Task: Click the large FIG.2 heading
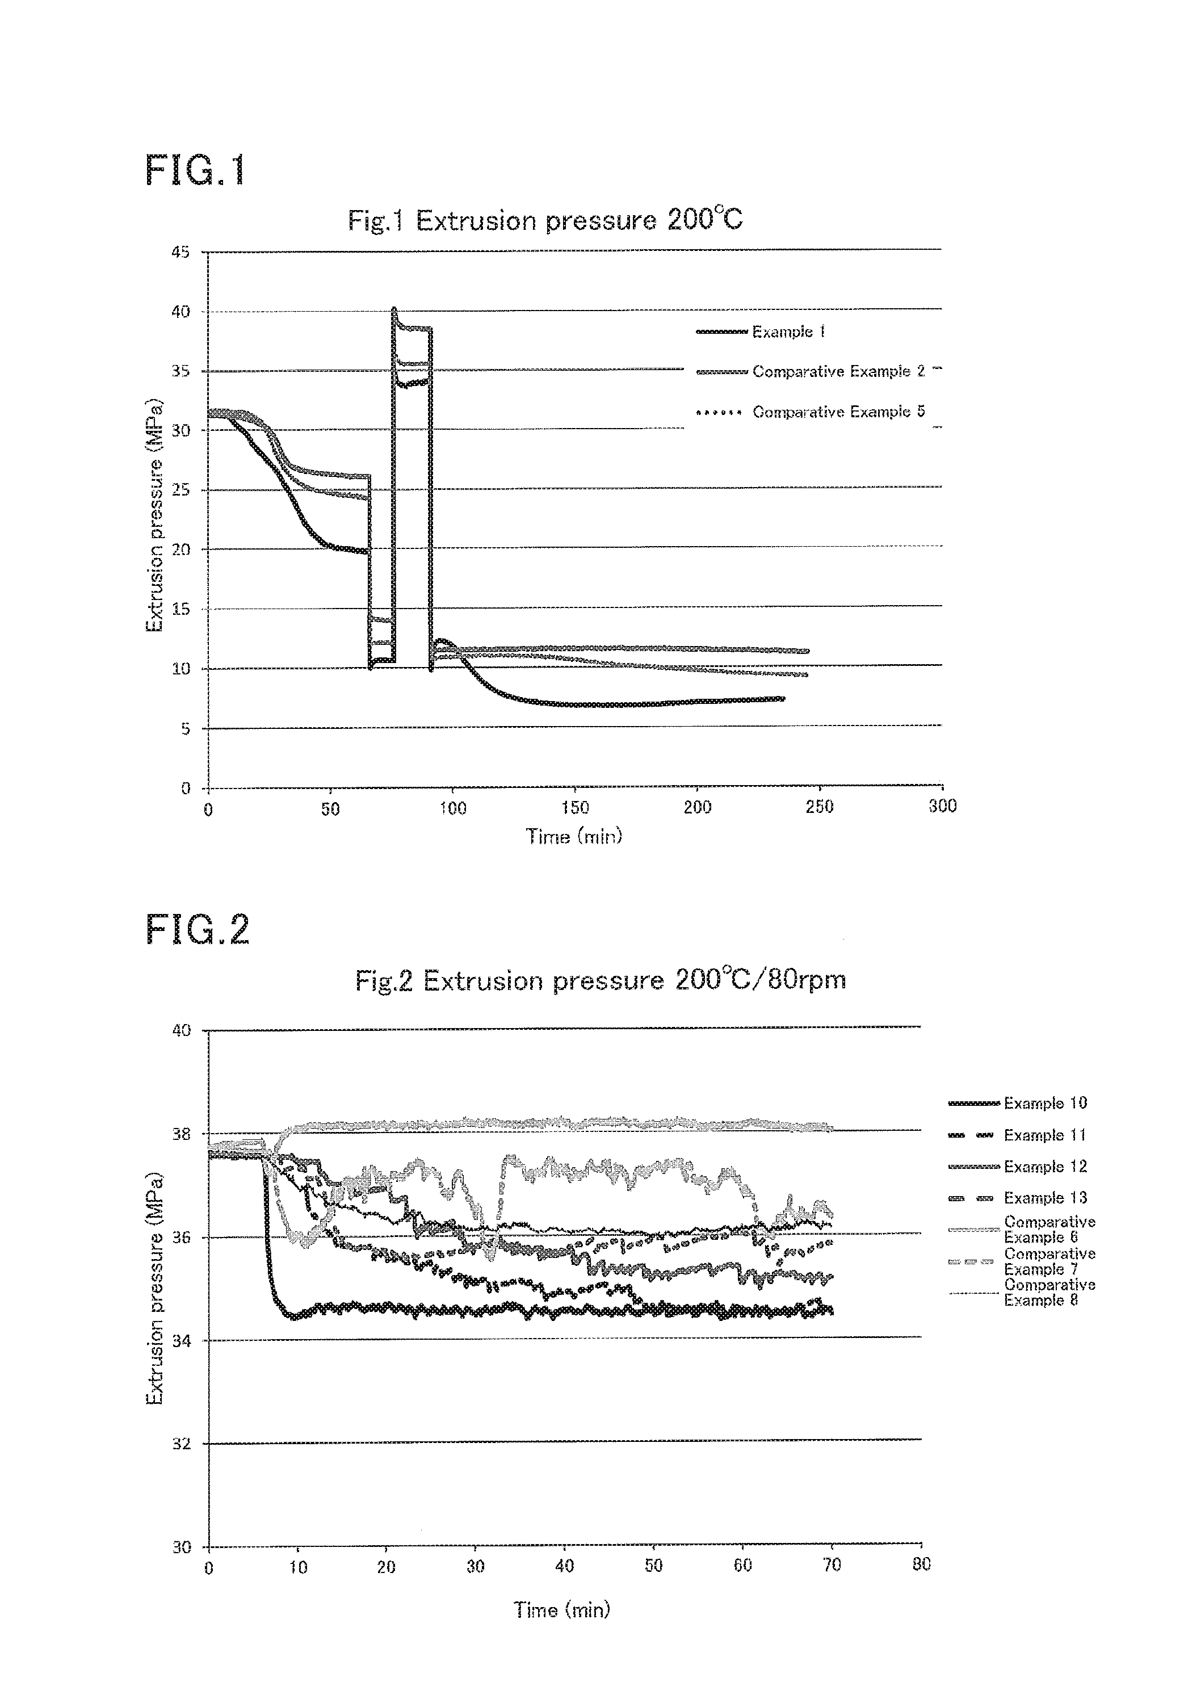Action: [x=198, y=929]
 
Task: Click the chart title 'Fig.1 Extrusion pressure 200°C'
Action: [x=545, y=220]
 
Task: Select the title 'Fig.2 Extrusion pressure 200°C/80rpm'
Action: [x=600, y=981]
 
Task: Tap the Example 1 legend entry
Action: [x=761, y=332]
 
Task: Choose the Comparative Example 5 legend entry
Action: [x=811, y=411]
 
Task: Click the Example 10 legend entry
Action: [x=1017, y=1103]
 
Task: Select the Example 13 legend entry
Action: [x=1017, y=1197]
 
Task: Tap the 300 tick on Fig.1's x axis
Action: [x=942, y=807]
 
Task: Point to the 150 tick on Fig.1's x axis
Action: [x=575, y=807]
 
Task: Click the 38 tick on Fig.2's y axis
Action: [x=181, y=1134]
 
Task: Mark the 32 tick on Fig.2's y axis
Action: [x=181, y=1444]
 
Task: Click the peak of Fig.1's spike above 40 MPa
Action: [x=393, y=309]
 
